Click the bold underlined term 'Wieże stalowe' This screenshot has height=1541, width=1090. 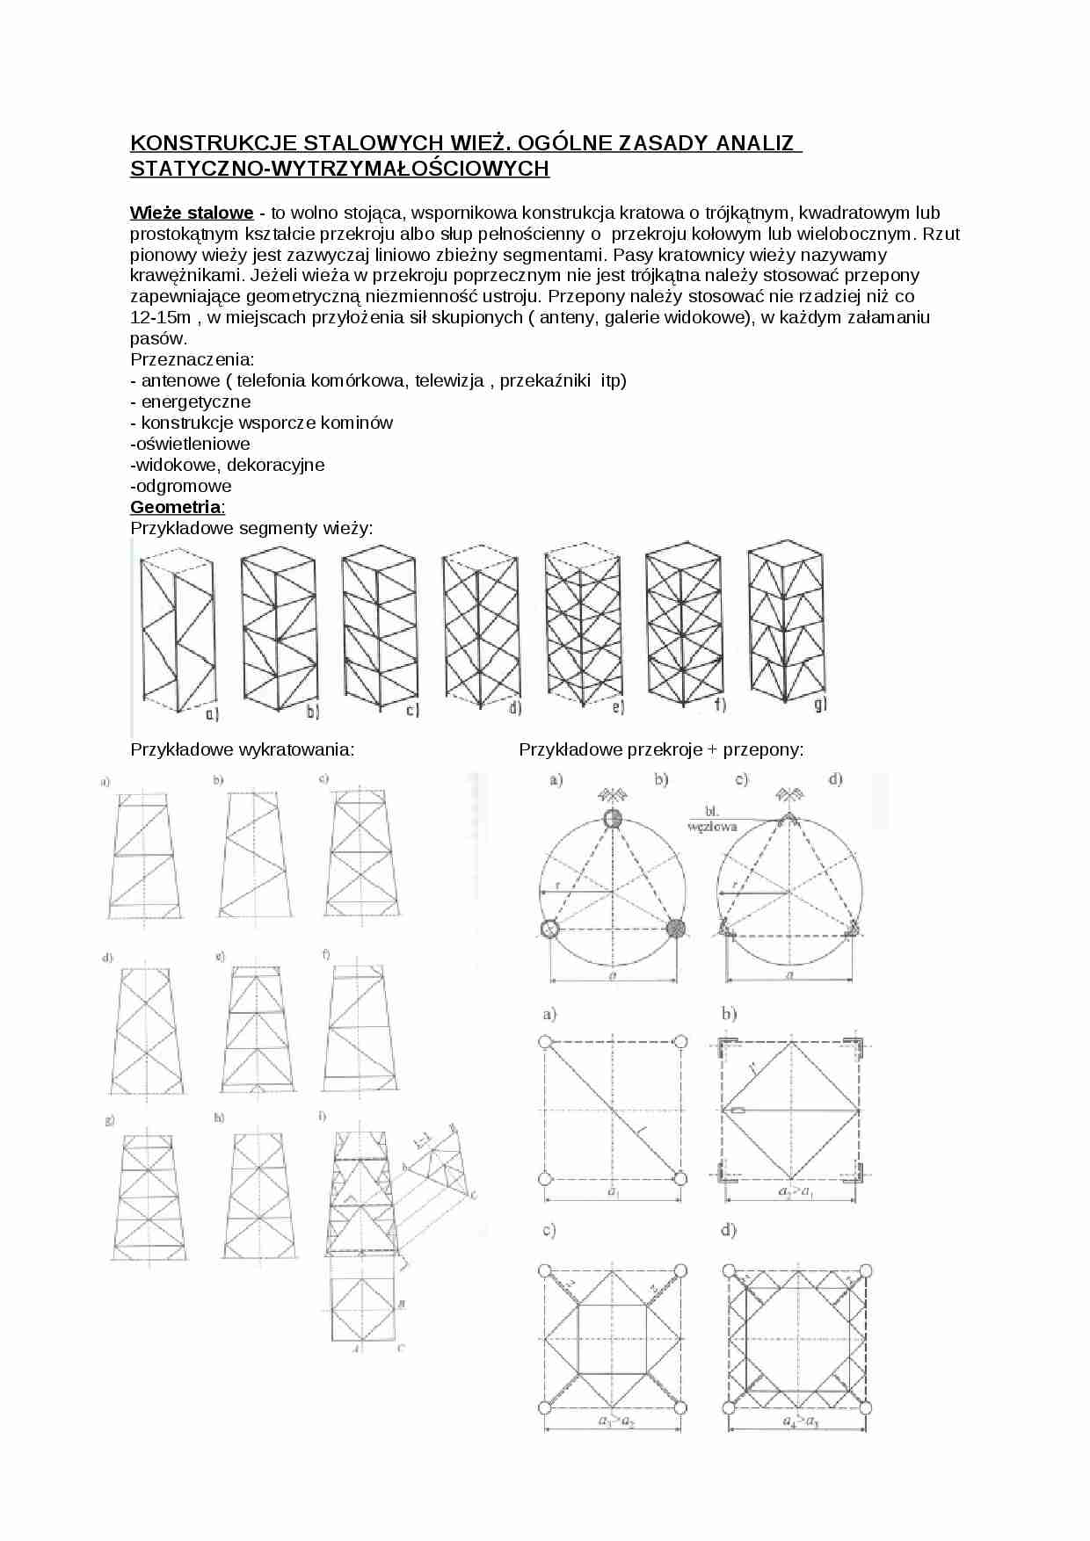[192, 213]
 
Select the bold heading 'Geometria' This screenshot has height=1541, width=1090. [176, 507]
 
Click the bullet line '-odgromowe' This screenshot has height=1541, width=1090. [181, 486]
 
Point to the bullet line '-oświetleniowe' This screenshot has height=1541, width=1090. [190, 444]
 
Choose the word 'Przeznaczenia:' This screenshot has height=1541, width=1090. [192, 359]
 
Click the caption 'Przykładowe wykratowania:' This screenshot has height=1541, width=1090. [243, 749]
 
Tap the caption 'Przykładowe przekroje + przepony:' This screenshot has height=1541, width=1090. [661, 749]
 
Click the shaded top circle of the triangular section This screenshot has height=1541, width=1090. [613, 819]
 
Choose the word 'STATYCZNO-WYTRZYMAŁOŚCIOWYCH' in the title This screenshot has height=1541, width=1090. [339, 169]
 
